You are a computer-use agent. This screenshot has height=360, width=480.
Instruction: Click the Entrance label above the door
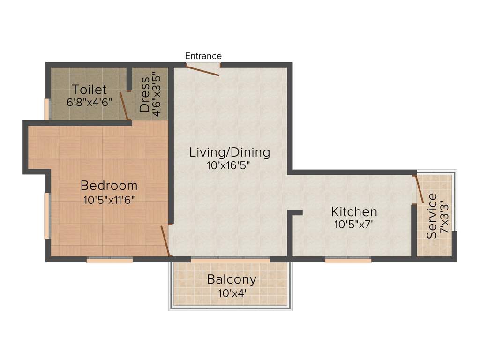(203, 56)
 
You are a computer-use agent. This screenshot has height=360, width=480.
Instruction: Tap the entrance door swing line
(202, 70)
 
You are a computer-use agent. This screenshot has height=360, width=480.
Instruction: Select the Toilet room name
(89, 90)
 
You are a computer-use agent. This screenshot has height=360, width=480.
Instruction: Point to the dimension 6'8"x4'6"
(89, 102)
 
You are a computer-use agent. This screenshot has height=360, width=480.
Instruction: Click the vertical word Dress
(145, 94)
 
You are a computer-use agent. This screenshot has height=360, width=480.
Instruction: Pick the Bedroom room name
(109, 185)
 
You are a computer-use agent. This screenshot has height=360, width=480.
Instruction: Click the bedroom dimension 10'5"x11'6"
(109, 200)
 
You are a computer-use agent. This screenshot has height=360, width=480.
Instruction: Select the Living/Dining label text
(230, 152)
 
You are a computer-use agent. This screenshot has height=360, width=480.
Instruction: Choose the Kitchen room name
(354, 211)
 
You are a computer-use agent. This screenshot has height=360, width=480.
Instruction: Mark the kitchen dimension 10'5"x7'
(354, 225)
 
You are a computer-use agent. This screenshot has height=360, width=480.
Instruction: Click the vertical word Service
(432, 216)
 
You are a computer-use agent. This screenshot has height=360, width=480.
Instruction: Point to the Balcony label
(232, 280)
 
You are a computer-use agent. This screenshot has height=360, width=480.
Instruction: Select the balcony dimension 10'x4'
(232, 293)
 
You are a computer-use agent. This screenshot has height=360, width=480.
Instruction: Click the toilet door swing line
(124, 106)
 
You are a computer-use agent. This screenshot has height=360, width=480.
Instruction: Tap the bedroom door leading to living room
(165, 241)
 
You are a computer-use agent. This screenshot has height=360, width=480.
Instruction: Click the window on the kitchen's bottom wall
(348, 260)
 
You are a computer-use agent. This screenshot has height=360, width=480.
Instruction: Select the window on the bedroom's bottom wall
(110, 260)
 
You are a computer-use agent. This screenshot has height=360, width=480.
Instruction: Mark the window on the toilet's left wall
(46, 109)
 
